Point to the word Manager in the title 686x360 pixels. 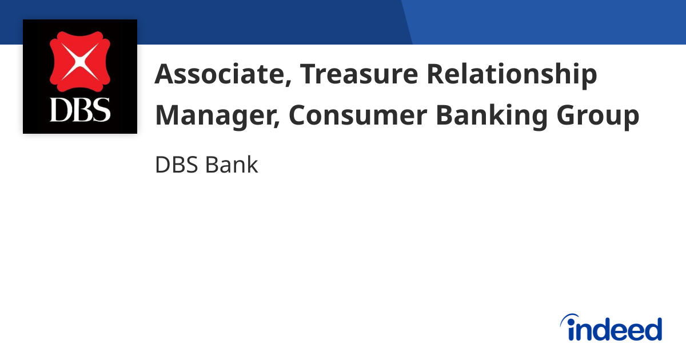tap(215, 116)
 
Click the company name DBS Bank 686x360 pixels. tap(206, 165)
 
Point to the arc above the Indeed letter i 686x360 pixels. tap(569, 317)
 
